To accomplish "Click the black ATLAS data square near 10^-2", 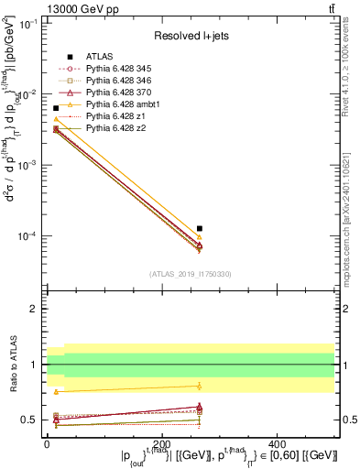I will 56,108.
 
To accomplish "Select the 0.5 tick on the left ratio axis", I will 29,420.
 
